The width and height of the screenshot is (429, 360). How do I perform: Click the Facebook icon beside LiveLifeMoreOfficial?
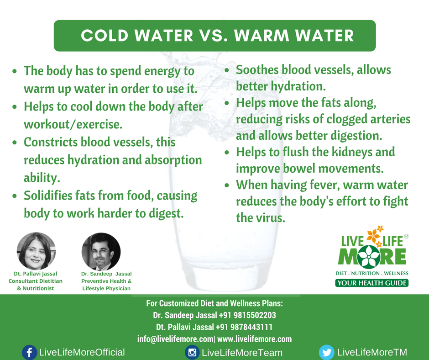coord(29,352)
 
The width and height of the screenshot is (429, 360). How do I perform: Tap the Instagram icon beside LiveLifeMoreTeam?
coord(192,352)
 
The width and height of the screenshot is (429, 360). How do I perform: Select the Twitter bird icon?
coord(327,352)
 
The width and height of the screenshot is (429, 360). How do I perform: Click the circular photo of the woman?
coord(36,251)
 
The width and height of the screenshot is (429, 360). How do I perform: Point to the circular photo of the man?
coord(101,252)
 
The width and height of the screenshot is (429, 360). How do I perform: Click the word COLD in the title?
coord(105,36)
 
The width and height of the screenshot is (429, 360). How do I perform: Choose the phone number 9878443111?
coord(251,327)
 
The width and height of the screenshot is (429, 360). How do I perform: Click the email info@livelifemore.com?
coord(175,339)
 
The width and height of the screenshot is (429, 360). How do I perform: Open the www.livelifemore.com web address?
coord(255,339)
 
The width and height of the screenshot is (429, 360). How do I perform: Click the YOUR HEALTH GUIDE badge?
coord(372,283)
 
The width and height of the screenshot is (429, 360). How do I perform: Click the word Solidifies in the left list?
coord(48,196)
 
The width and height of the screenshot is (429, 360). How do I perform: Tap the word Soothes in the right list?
coord(257,70)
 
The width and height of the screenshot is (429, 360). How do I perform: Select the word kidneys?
coord(350,152)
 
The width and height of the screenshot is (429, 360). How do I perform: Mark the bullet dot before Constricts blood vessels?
coord(15,143)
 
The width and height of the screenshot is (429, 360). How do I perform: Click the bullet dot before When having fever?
coord(227,185)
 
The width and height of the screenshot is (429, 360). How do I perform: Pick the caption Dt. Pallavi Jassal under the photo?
coord(36,274)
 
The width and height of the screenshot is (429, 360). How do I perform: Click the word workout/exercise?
coord(73,125)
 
